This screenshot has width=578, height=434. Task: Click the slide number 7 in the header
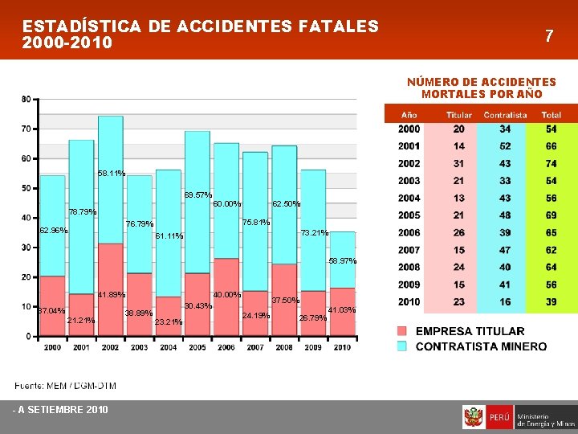[549, 35]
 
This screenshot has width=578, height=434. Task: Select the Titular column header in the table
[459, 115]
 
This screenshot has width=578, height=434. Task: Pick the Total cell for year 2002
[552, 163]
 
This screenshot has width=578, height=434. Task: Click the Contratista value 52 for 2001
[504, 146]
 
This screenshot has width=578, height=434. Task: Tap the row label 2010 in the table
[409, 301]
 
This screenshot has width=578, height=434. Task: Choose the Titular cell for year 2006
[458, 232]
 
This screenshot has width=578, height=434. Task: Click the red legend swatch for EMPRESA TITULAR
[402, 331]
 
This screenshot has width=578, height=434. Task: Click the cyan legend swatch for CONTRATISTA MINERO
[402, 346]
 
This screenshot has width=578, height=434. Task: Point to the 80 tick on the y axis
[26, 99]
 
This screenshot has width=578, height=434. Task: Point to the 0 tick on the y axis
[28, 336]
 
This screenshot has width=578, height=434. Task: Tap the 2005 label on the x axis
[197, 347]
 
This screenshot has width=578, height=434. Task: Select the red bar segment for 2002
[111, 289]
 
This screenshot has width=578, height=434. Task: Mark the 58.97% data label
[342, 261]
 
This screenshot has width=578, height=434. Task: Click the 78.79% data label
[83, 212]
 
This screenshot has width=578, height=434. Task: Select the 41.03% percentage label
[342, 310]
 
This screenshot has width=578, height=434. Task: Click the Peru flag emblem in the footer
[474, 418]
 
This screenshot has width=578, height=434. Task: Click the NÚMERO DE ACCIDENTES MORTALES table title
[481, 88]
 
